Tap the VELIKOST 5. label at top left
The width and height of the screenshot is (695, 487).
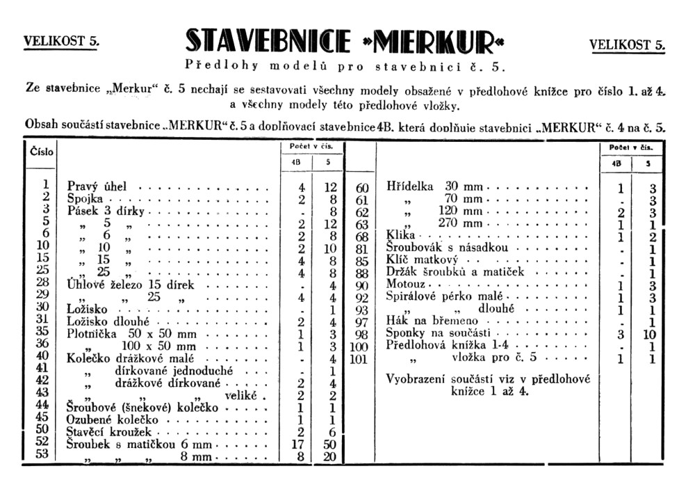click(61, 40)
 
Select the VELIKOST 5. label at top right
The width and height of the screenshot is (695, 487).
click(627, 45)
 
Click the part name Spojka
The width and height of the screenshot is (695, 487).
click(84, 199)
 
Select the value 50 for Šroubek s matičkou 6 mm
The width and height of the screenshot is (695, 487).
click(330, 444)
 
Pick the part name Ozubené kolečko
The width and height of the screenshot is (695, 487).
click(113, 420)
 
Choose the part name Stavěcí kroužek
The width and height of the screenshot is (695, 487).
click(108, 432)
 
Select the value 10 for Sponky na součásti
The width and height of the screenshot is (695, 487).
click(652, 335)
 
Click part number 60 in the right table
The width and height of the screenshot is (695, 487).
click(361, 187)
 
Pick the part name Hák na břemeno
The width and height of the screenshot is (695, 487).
click(428, 322)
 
